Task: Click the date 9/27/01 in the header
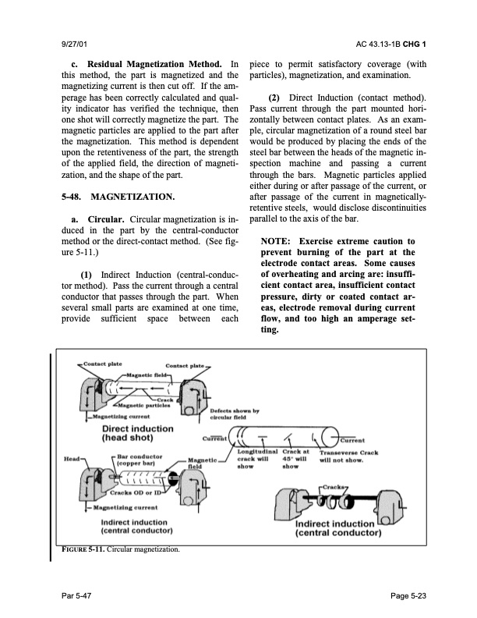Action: (x=74, y=44)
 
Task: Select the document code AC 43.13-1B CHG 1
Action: (x=390, y=44)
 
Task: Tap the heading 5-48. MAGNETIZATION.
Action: (x=118, y=197)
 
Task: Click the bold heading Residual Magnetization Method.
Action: (x=154, y=64)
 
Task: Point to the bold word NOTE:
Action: (x=275, y=241)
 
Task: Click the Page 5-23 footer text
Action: (x=408, y=595)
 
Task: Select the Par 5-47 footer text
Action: (x=76, y=595)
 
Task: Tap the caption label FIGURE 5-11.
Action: (x=83, y=549)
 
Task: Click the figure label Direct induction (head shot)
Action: (x=137, y=433)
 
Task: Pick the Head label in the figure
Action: (x=72, y=459)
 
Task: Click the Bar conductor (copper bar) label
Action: (x=140, y=460)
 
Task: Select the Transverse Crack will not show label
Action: (x=348, y=456)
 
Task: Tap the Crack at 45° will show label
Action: (x=295, y=459)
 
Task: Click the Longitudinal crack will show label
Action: (x=257, y=459)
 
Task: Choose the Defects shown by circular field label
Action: (x=235, y=414)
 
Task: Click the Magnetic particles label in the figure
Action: (x=144, y=406)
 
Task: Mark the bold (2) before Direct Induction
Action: (x=274, y=98)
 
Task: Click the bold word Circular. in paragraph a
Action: (x=106, y=219)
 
